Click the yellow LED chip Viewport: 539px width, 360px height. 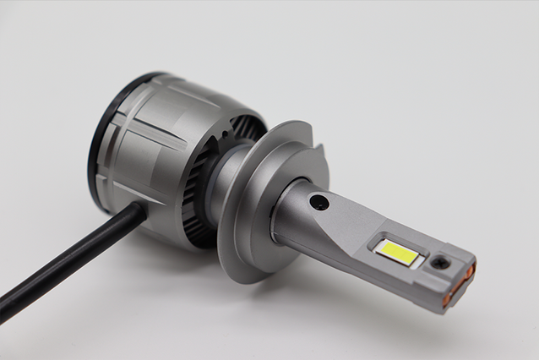396,253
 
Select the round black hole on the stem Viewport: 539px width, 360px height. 318,202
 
